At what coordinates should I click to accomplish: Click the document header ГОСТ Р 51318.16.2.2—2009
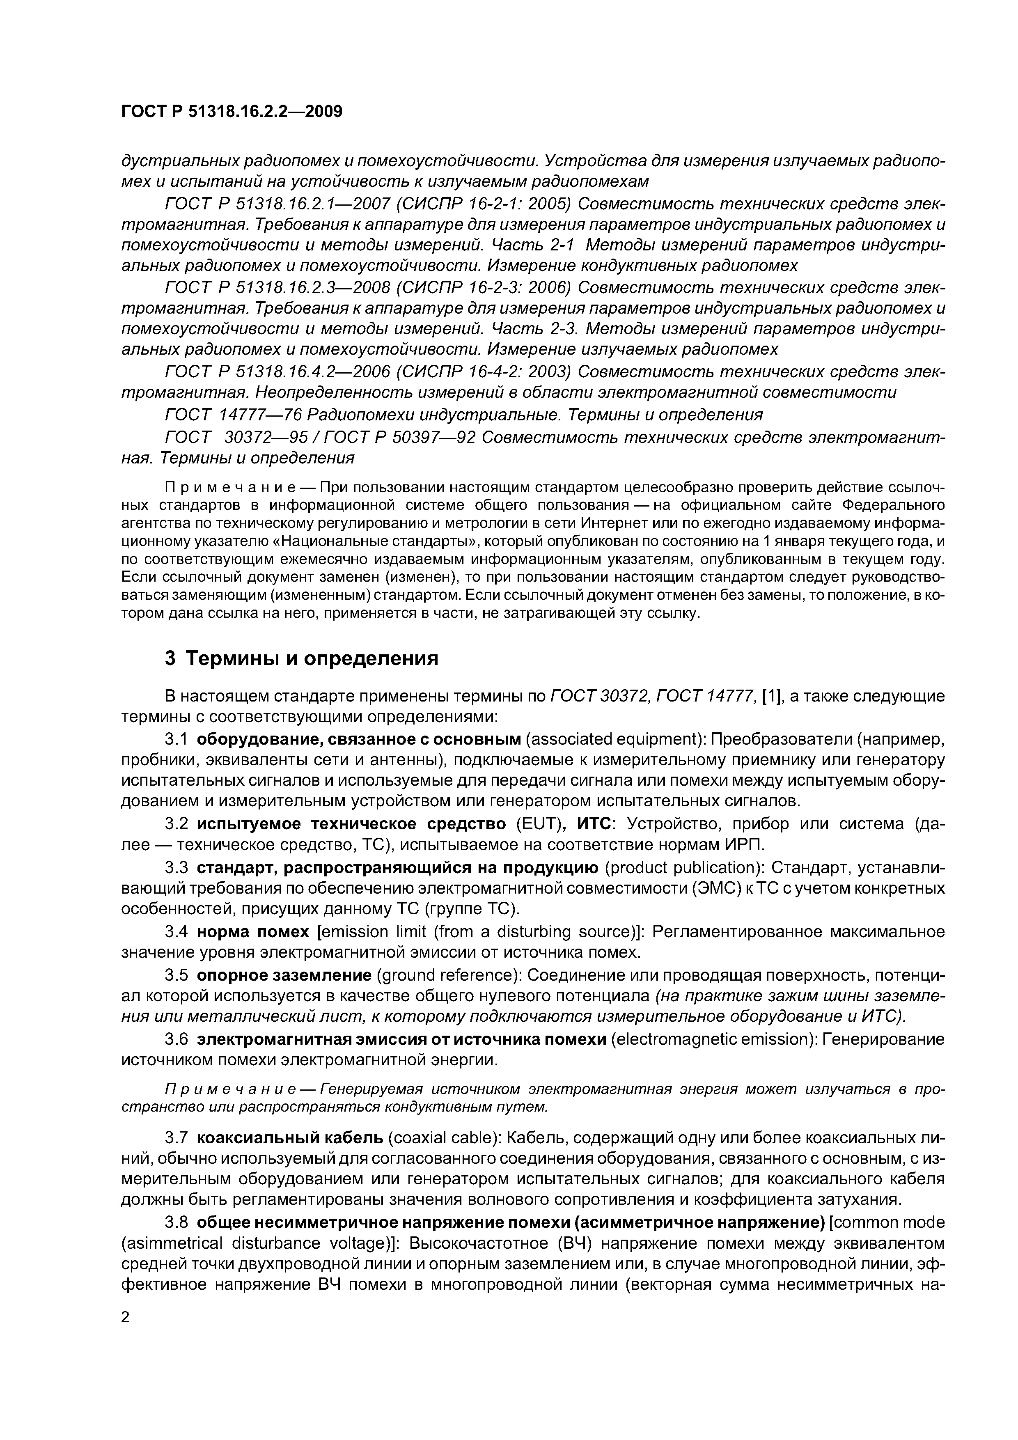click(232, 112)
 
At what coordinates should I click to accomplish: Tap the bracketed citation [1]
click(770, 696)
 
